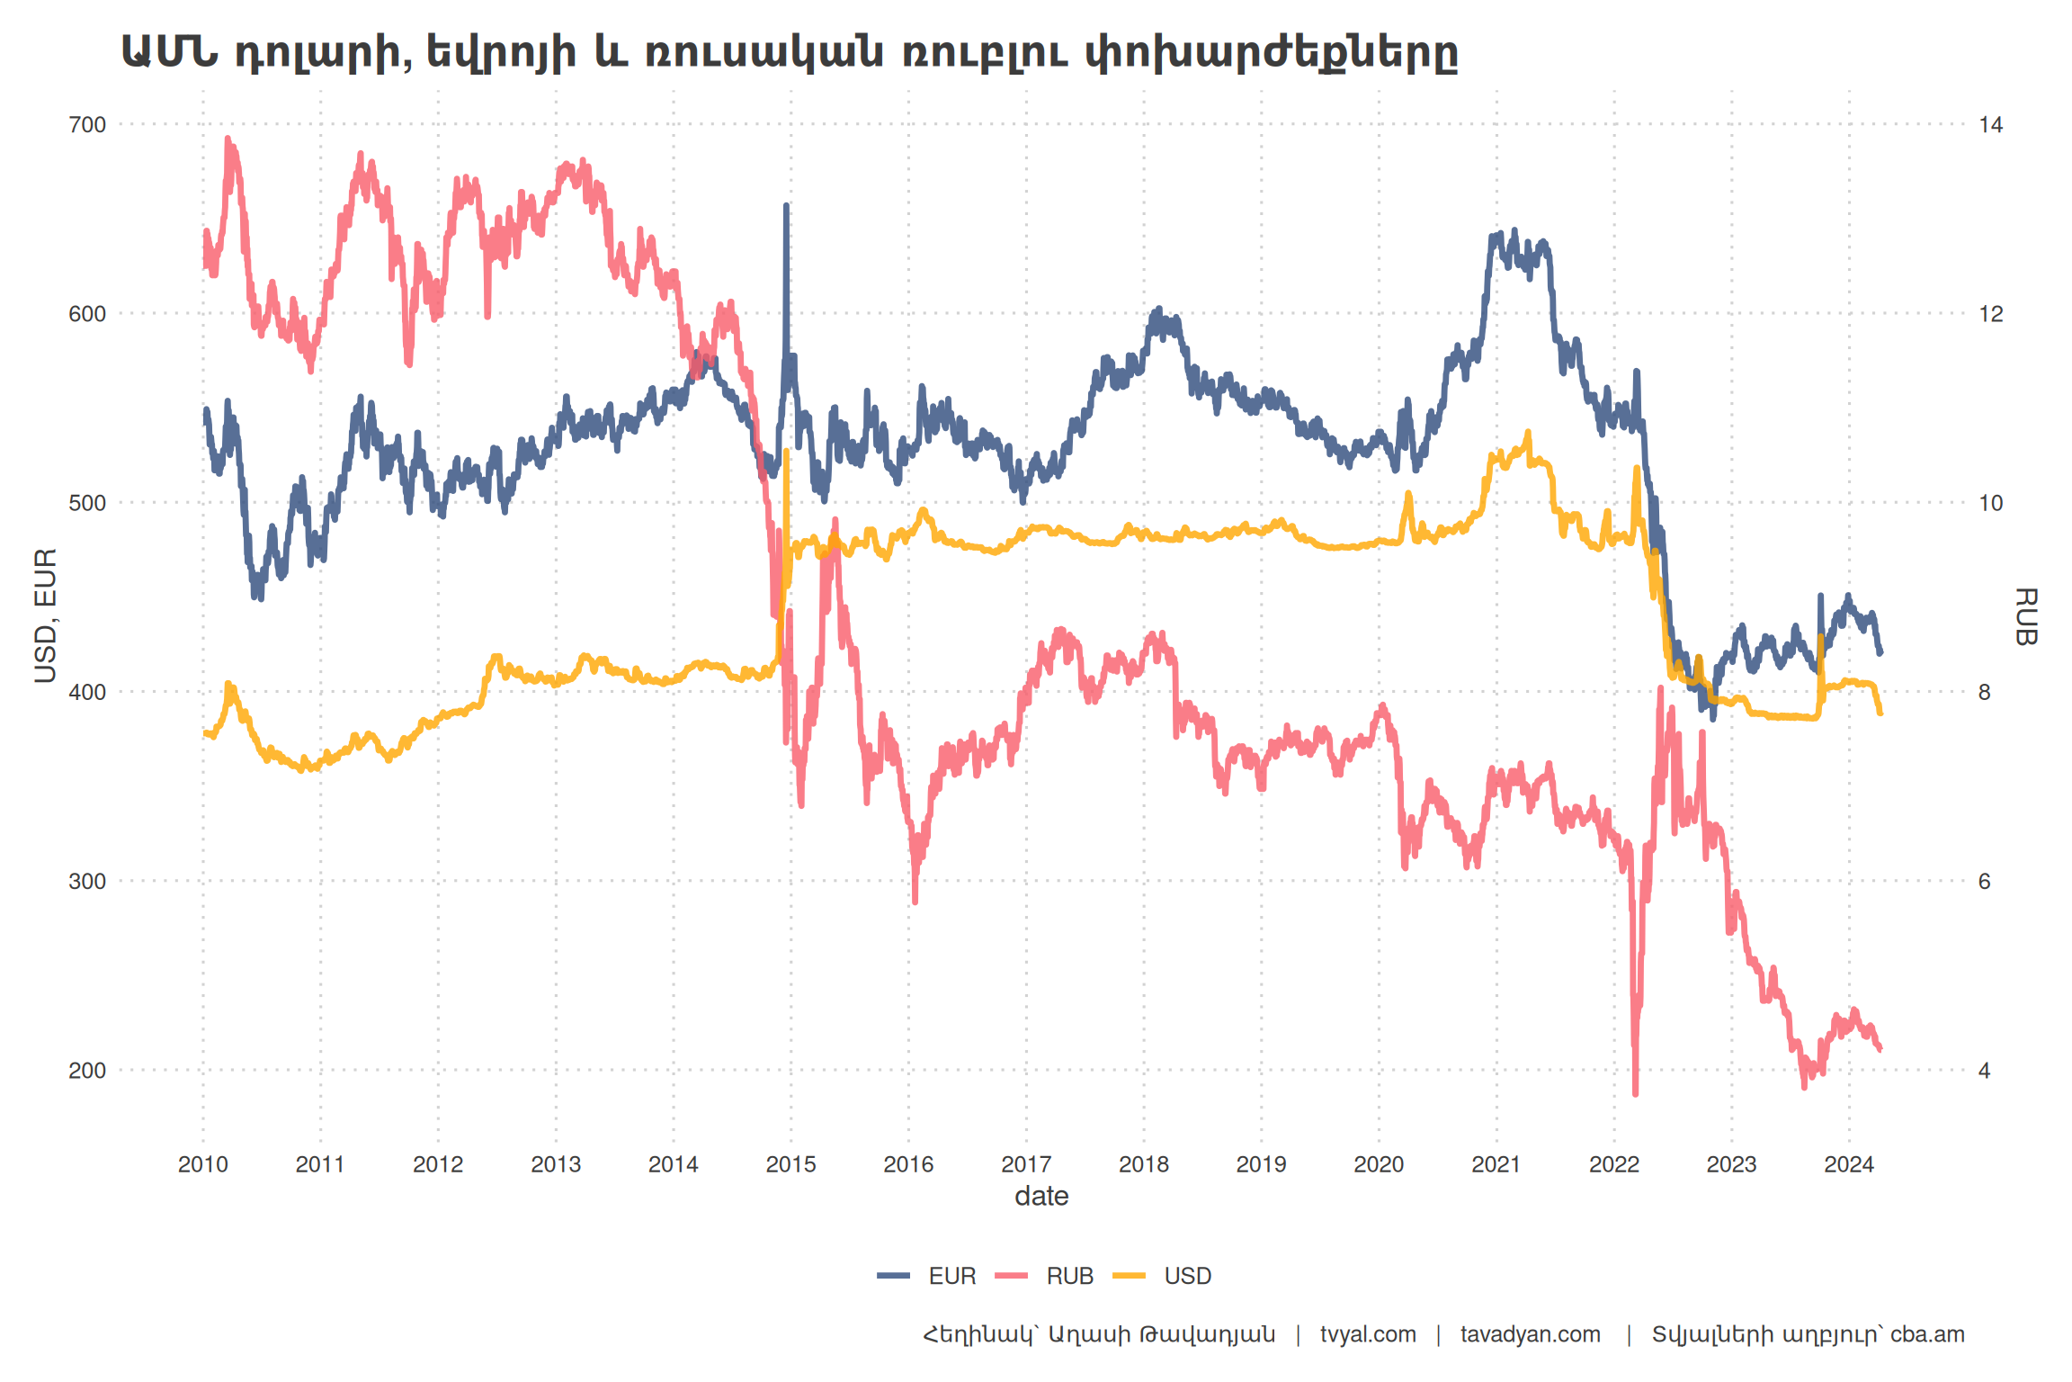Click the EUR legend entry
pyautogui.click(x=951, y=1276)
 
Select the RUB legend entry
pyautogui.click(x=1068, y=1276)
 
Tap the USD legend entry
pyautogui.click(x=1186, y=1276)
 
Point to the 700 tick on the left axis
pyautogui.click(x=87, y=125)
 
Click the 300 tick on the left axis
pyautogui.click(x=87, y=882)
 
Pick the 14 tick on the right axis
pyautogui.click(x=1991, y=125)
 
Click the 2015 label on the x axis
pyautogui.click(x=790, y=1165)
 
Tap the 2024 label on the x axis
pyautogui.click(x=1848, y=1165)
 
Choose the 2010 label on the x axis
pyautogui.click(x=202, y=1165)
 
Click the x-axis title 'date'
pyautogui.click(x=1041, y=1197)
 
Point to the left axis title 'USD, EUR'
pyautogui.click(x=45, y=615)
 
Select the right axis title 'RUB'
pyautogui.click(x=2025, y=616)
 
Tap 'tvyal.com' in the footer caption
pyautogui.click(x=1368, y=1334)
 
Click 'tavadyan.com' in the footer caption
pyautogui.click(x=1530, y=1334)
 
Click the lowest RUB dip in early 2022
pyautogui.click(x=1635, y=1092)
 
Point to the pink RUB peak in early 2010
pyautogui.click(x=228, y=139)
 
